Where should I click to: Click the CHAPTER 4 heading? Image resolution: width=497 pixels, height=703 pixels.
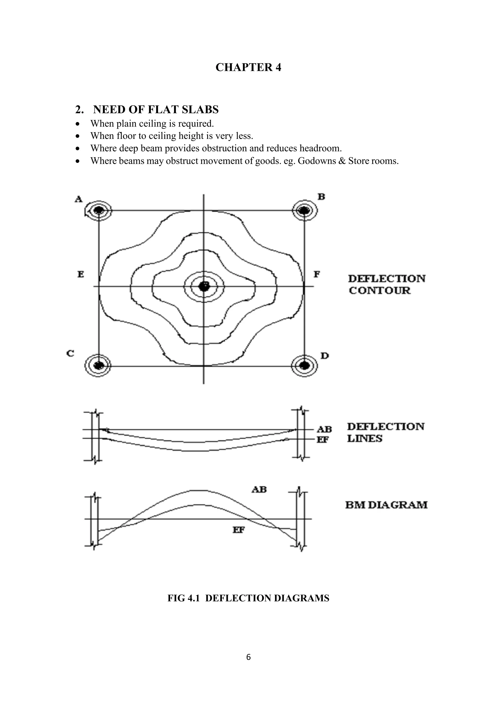pos(248,67)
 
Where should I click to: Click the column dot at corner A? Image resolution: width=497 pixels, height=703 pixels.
pos(99,210)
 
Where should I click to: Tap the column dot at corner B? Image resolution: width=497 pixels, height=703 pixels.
pos(304,210)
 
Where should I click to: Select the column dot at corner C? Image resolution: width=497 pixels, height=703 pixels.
pos(99,365)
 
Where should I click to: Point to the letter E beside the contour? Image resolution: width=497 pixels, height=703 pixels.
pos(81,274)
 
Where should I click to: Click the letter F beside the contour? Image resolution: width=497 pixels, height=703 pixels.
pos(317,274)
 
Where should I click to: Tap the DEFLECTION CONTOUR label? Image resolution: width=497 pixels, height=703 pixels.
pos(387,285)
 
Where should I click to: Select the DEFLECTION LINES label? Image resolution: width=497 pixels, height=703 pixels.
pos(386,432)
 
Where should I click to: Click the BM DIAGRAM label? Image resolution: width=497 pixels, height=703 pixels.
pos(386,505)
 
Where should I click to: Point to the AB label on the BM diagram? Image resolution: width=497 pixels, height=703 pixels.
pos(259,490)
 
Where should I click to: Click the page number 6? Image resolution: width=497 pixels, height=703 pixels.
pos(248,657)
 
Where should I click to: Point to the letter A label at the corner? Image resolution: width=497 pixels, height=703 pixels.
pos(79,199)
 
